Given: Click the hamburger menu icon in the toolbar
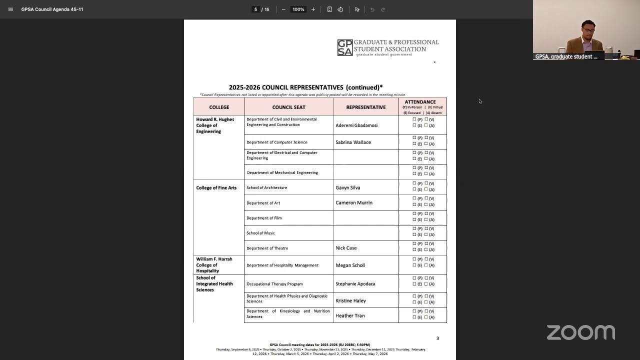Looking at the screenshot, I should [x=10, y=9].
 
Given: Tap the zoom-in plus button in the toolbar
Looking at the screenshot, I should [x=313, y=9].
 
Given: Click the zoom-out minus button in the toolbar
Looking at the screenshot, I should [x=283, y=9].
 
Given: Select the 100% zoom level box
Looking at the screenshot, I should [x=298, y=9].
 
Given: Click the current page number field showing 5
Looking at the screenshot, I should [x=255, y=9].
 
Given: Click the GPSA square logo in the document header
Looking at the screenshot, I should [x=344, y=47].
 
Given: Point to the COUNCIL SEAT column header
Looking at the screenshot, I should [x=288, y=107].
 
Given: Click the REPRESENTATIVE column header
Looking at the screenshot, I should [x=365, y=107].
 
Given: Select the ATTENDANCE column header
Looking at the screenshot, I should [x=420, y=102].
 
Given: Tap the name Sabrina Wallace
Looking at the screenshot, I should [x=353, y=142].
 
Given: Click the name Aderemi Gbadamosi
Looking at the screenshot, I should [x=356, y=125].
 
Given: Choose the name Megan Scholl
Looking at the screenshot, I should [x=350, y=265].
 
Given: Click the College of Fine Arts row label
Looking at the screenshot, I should [x=216, y=188].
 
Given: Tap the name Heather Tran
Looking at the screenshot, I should [x=350, y=316].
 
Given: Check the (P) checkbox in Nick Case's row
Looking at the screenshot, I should [x=414, y=243].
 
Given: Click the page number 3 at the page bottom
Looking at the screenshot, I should [x=437, y=338].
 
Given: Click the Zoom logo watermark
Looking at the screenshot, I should [x=580, y=332].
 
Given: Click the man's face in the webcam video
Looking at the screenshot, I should [x=588, y=31].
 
